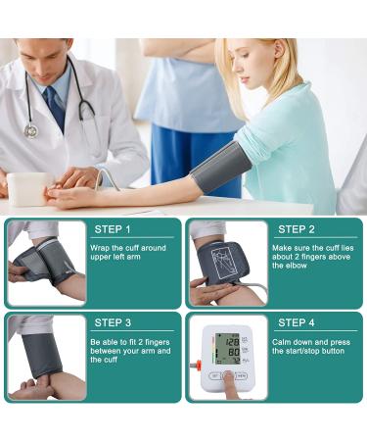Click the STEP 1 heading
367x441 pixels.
tap(113, 229)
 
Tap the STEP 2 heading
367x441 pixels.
tap(297, 229)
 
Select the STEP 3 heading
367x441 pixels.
tap(113, 322)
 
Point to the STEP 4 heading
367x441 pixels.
tap(297, 322)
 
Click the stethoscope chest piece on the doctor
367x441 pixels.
tap(31, 130)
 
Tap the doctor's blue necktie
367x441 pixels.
tap(56, 108)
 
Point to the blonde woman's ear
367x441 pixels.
tap(280, 49)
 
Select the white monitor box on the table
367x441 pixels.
tap(28, 189)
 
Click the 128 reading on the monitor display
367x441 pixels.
tap(232, 342)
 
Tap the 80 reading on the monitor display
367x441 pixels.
tap(234, 353)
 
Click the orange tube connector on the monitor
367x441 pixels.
tap(197, 364)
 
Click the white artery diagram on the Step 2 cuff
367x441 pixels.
tap(222, 264)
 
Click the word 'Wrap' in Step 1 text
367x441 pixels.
tap(100, 248)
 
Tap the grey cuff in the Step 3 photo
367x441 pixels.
tap(42, 355)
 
